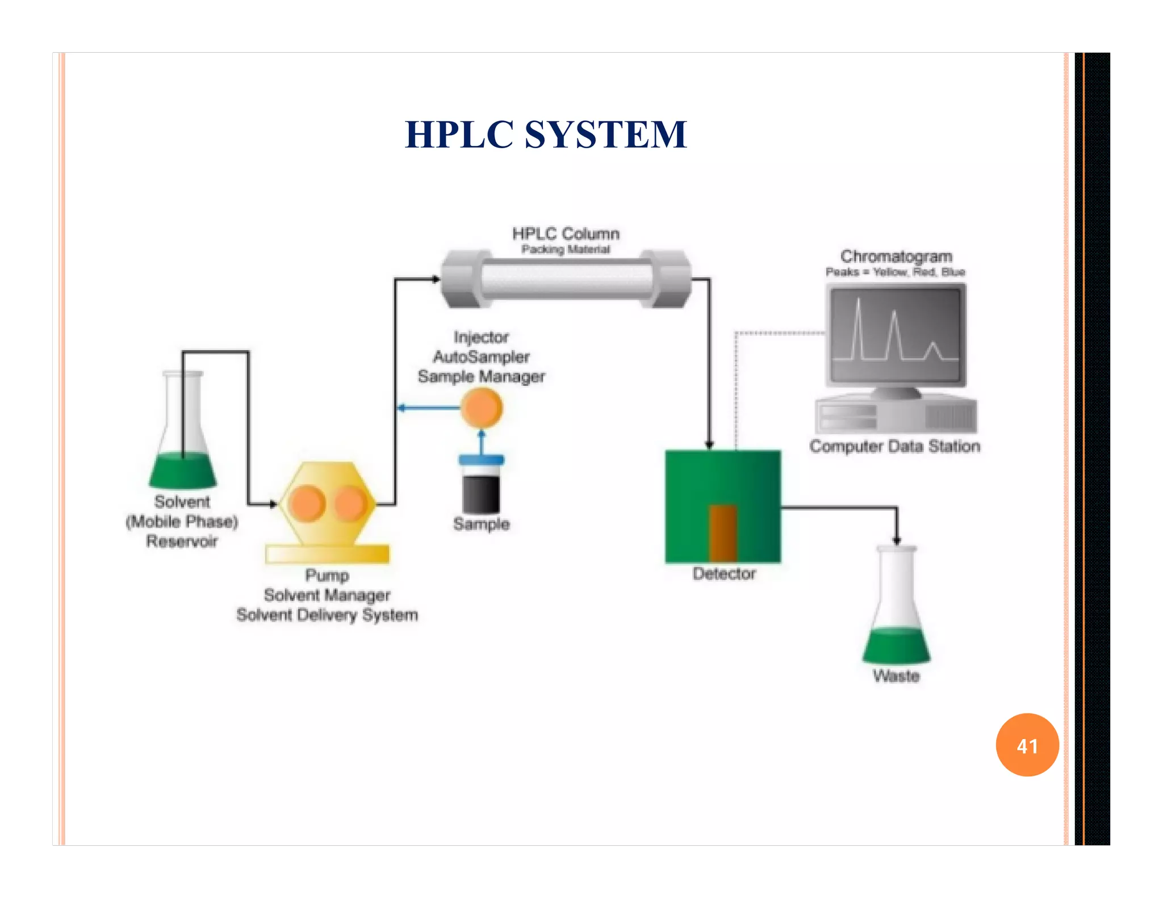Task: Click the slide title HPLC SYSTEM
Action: pos(546,135)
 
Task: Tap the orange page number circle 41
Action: pos(1027,745)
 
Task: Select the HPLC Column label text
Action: pos(566,234)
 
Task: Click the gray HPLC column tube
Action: pos(566,279)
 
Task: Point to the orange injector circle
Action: pos(481,408)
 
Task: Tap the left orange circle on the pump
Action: pos(307,503)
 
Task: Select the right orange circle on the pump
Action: pos(350,503)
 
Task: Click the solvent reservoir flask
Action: pos(183,437)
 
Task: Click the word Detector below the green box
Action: pos(724,574)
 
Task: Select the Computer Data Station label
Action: pos(895,446)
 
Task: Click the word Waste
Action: pos(896,676)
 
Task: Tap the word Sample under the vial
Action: pos(481,524)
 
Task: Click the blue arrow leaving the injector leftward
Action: pos(429,408)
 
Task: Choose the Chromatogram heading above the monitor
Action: pos(896,257)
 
